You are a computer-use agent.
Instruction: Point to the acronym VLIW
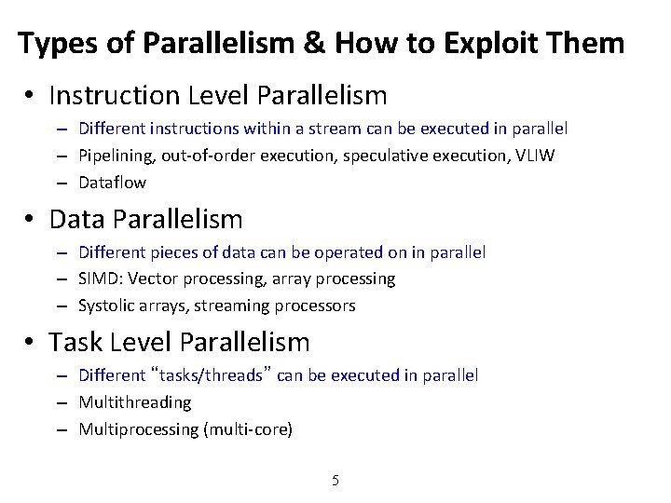pos(535,156)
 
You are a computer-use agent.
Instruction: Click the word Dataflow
pos(112,183)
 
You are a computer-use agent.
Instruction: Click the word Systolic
pos(106,306)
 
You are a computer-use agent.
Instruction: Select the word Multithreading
pos(135,402)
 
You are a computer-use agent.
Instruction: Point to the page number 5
pos(335,481)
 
